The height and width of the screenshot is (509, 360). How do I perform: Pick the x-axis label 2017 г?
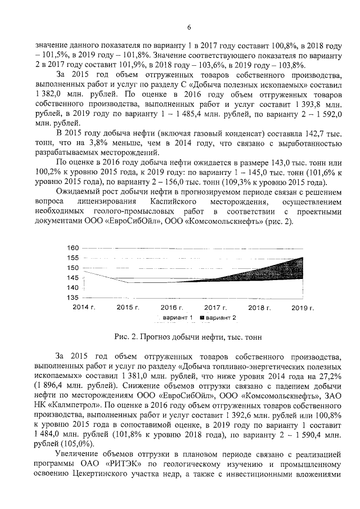coord(215,308)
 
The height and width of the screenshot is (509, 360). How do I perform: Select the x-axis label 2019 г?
coord(304,308)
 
